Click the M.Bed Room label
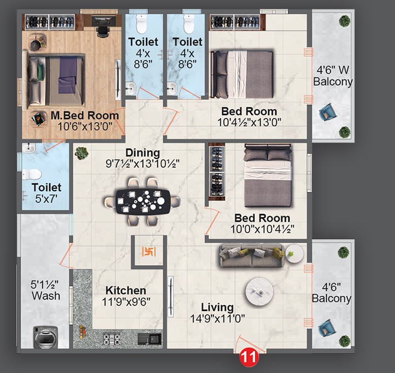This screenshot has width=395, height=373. pos(84,116)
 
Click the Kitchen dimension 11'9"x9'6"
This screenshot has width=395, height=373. pos(125,303)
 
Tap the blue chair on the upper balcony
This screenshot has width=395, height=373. pos(325,112)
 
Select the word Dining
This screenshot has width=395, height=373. pos(142,152)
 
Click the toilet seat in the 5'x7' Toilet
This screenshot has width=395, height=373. pos(32,174)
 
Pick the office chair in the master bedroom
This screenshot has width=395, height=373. pos(103,24)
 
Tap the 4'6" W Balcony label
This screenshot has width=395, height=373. pos(332,76)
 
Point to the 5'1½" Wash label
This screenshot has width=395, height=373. pos(46,290)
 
